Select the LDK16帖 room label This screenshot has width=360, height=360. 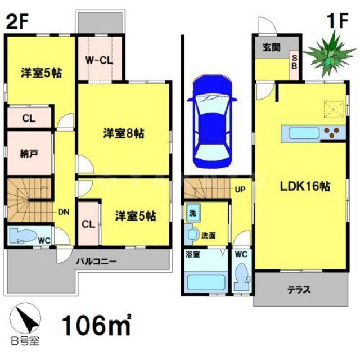coord(305,188)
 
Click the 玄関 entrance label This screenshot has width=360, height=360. coord(271,48)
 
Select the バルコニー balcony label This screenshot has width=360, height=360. coord(97,262)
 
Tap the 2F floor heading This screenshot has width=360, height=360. coord(17,22)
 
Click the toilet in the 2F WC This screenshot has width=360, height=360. coord(27,234)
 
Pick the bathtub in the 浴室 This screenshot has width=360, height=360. coord(205,281)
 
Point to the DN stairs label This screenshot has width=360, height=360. coord(63,213)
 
